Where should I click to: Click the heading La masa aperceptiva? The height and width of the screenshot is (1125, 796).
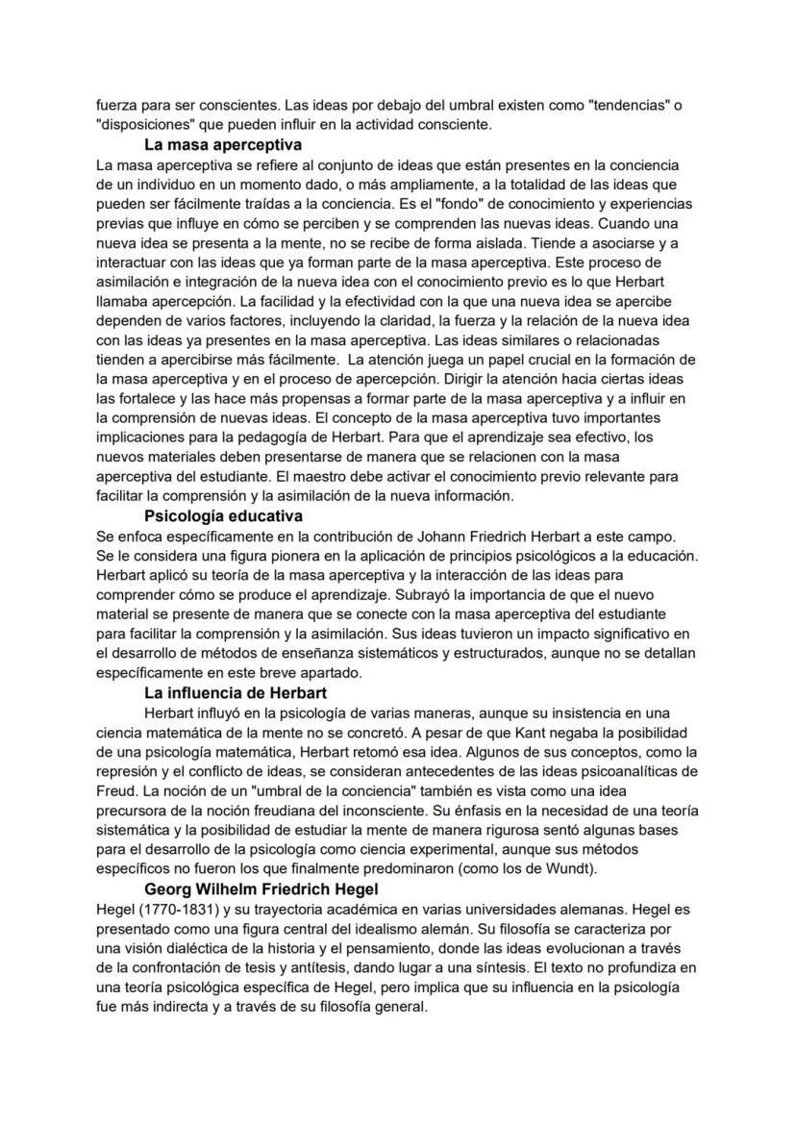(223, 146)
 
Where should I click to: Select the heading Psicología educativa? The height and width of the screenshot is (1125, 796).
(223, 516)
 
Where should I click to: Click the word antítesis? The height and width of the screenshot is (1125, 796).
(351, 968)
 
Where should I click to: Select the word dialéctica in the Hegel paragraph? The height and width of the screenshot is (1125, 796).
(198, 948)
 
